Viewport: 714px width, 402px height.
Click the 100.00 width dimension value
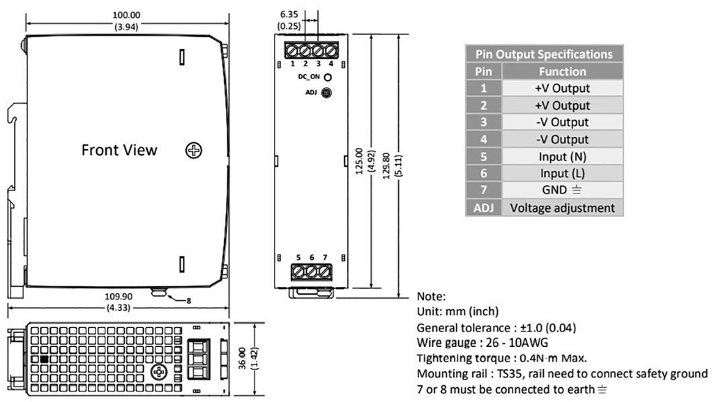126,15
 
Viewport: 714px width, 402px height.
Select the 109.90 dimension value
118,296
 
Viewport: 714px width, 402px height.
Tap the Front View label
119,150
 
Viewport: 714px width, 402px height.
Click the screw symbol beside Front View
194,150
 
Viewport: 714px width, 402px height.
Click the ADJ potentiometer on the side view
326,92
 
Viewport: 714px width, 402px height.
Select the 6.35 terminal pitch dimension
289,13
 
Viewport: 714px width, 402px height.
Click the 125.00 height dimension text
359,161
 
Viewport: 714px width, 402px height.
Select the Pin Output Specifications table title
544,54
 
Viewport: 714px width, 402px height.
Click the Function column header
562,71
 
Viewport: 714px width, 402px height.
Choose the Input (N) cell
562,156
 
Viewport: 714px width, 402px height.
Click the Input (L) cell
562,173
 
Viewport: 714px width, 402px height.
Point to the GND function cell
562,190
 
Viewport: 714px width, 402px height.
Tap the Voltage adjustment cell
562,207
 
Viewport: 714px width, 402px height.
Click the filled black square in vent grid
44,359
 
